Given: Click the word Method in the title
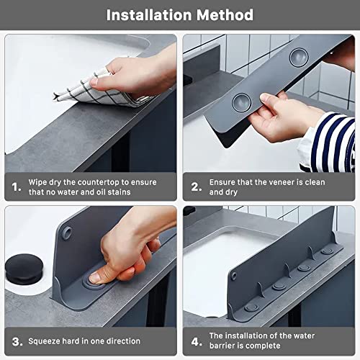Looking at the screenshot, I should coord(225,14).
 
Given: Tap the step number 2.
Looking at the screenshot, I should coord(196,187).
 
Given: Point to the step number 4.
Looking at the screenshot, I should coord(196,341).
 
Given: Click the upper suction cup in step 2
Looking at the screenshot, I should coord(297,55).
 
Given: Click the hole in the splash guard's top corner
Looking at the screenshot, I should coord(66,232).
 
